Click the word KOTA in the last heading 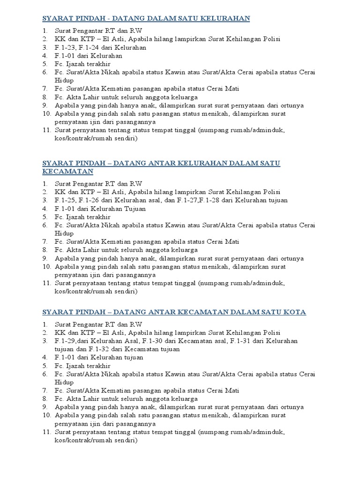(x=294, y=312)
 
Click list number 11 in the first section (x=46, y=130)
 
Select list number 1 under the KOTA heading (x=45, y=324)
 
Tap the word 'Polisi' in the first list (x=270, y=39)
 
